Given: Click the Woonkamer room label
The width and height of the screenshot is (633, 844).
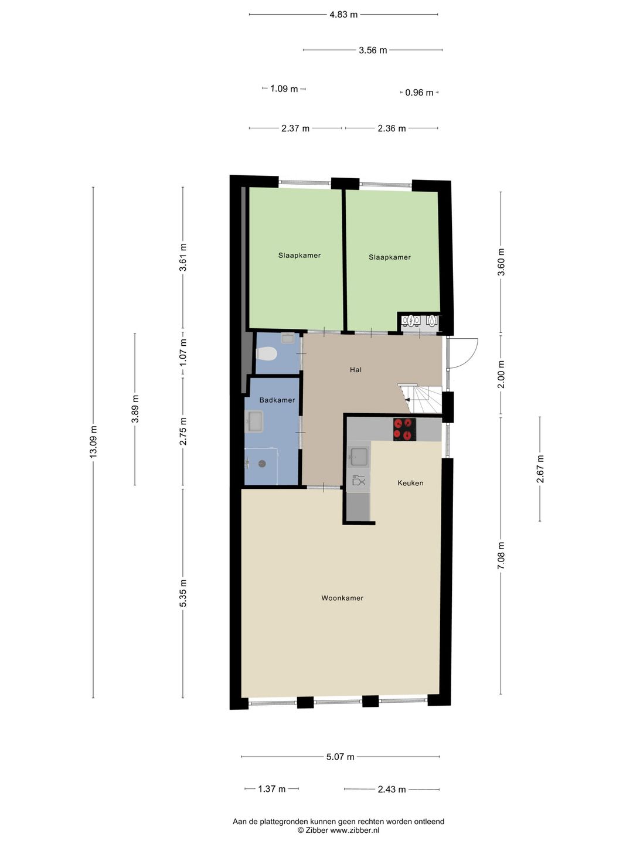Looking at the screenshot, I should point(342,598).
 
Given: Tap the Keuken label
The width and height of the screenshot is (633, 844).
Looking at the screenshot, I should point(410,483).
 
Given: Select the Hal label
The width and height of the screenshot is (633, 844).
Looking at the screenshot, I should point(356,370).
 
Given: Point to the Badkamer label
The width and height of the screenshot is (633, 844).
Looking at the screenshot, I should point(277,400).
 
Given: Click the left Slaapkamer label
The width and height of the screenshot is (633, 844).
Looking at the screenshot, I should point(300,256).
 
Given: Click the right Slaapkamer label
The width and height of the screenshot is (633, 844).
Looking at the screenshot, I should point(390,257).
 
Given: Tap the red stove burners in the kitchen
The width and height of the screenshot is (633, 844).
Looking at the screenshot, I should point(404,429).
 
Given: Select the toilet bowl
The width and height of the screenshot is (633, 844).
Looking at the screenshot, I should point(267,354).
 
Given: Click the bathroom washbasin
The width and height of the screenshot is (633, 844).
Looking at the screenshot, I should point(254,421).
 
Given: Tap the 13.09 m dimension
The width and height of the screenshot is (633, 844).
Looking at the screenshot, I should point(93,443).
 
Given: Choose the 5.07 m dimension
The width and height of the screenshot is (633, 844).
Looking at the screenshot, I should point(341,757).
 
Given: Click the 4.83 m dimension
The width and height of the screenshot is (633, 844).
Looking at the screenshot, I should point(343,15).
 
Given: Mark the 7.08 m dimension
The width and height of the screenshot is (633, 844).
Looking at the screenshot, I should point(501,555).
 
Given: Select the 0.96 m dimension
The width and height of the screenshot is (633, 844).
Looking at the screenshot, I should point(419,93).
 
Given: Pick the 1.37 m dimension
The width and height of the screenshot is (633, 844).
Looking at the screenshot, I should point(272,789).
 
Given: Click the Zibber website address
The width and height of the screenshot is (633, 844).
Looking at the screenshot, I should point(355,830).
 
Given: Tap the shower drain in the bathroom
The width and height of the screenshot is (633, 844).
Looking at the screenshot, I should point(261,463).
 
